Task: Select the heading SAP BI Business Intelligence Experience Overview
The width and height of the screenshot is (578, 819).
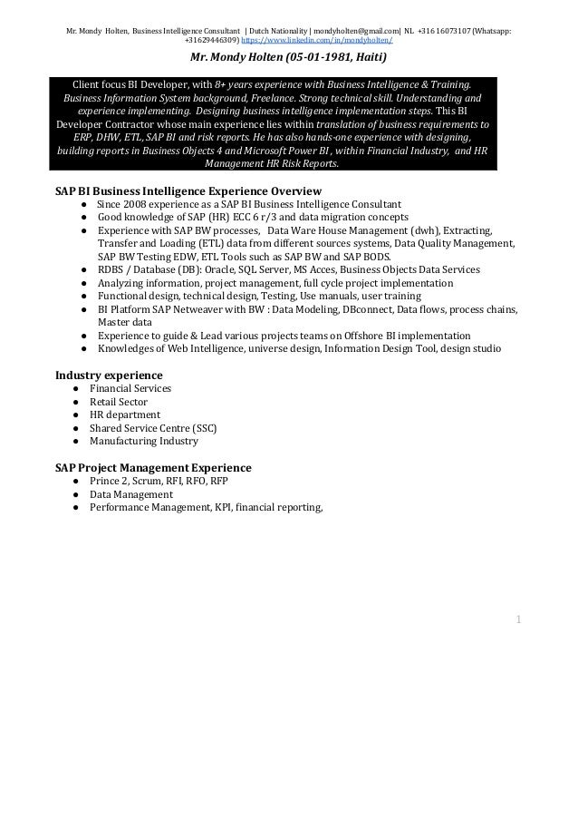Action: coord(188,191)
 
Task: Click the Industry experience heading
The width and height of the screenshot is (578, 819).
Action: coord(109,375)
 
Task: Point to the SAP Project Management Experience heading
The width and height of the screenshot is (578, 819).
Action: coord(153,467)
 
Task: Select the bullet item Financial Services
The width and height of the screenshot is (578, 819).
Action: coord(130,388)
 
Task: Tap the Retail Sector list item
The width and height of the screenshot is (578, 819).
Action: coord(118,402)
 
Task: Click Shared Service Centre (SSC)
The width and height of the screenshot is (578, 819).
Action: coord(152,428)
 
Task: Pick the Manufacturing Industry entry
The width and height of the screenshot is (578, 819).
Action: coord(143,441)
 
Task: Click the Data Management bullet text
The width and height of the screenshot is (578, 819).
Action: coord(130,494)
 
